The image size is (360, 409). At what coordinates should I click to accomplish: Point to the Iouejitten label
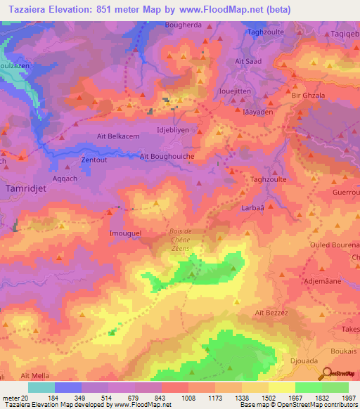point(238,91)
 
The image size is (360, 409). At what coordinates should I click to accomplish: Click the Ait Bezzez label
point(271,313)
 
